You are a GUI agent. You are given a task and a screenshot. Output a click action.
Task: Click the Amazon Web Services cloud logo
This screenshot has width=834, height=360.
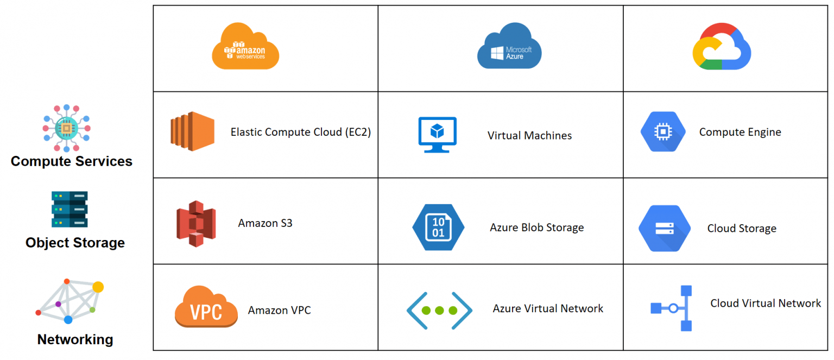(x=245, y=48)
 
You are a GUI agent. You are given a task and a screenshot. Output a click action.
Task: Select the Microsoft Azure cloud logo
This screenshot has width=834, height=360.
(x=509, y=47)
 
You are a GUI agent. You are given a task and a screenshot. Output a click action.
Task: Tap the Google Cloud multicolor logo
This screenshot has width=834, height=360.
(x=722, y=47)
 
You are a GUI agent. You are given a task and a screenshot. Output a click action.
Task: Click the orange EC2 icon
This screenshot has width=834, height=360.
(x=192, y=131)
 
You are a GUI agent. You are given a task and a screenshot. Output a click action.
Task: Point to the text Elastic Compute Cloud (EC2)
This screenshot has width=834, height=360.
(x=300, y=132)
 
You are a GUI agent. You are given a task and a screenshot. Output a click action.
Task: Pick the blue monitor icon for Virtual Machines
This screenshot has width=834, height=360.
(x=437, y=134)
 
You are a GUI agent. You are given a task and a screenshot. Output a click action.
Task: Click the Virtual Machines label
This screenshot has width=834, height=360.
(x=529, y=136)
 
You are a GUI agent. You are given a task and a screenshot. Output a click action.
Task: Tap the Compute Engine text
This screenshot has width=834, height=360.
(x=740, y=132)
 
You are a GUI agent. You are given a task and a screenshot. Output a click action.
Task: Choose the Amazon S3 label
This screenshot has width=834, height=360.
(x=265, y=223)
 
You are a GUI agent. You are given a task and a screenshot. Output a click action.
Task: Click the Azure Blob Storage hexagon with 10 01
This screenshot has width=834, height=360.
(x=438, y=226)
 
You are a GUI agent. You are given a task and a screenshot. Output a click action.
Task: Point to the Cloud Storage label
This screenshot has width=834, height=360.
(x=741, y=229)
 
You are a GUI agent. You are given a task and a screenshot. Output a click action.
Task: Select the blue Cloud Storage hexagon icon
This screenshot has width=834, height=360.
(x=664, y=228)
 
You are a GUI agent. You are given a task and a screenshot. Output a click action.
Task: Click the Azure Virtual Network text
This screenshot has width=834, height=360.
(x=548, y=308)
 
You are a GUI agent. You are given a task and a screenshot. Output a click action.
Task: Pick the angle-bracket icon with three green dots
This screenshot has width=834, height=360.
(x=439, y=311)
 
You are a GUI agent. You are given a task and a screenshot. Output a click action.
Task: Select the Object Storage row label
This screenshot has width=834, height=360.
(x=75, y=243)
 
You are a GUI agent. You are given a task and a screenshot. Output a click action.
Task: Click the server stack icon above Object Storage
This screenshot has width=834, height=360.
(x=69, y=209)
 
